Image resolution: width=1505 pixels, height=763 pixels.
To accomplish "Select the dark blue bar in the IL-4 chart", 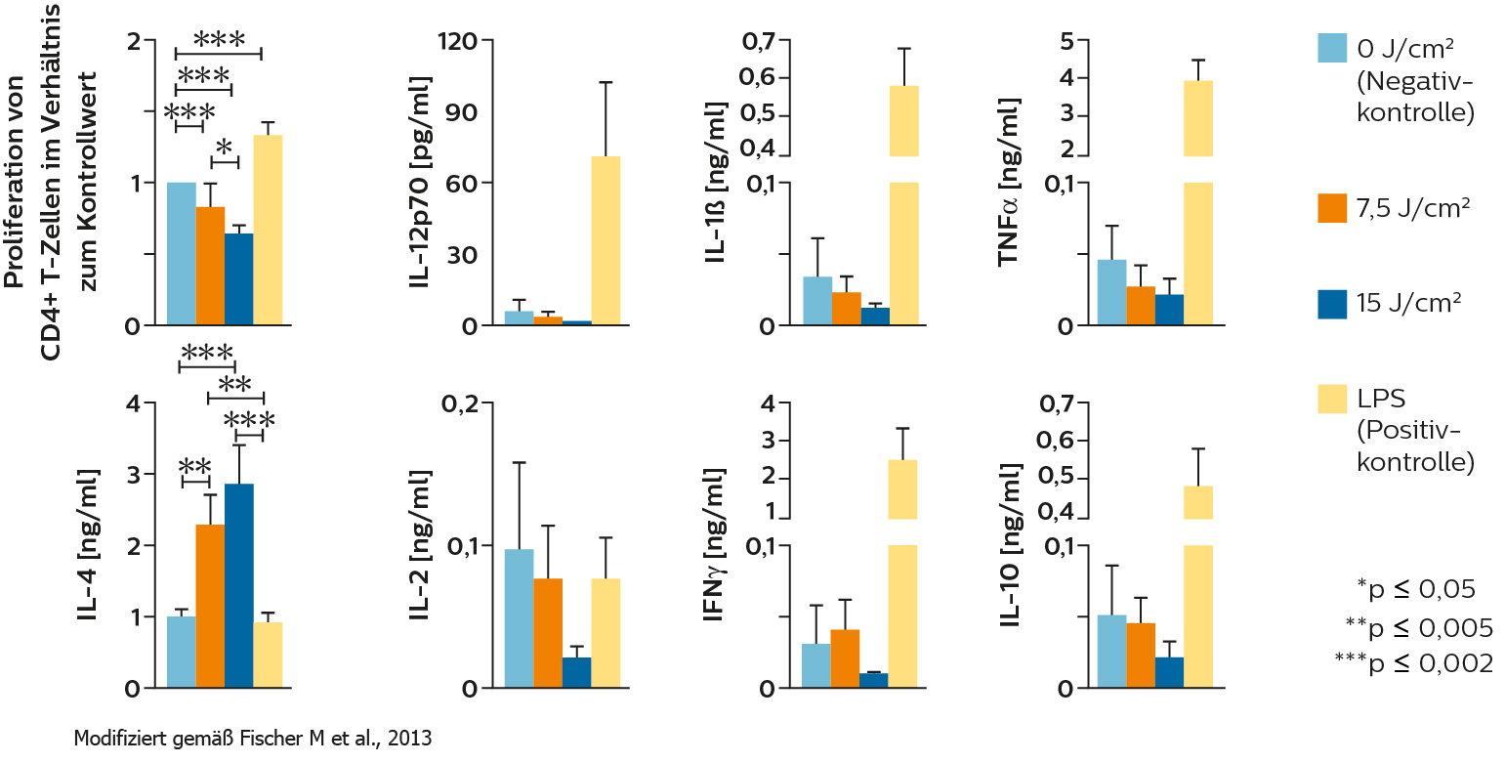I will tap(238, 586).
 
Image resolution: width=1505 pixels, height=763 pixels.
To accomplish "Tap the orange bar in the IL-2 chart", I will tap(548, 633).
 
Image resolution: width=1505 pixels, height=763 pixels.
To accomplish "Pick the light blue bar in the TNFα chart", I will tap(1111, 292).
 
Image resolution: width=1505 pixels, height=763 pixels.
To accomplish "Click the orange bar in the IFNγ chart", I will tap(845, 658).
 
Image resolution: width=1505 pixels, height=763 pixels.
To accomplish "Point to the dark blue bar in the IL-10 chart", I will tap(1168, 672).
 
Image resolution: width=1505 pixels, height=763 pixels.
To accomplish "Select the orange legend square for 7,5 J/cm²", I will tap(1333, 208).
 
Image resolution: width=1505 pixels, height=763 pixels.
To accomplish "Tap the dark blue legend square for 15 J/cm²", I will tap(1333, 304).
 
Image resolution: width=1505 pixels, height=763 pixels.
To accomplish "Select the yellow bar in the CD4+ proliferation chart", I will tap(268, 230).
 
